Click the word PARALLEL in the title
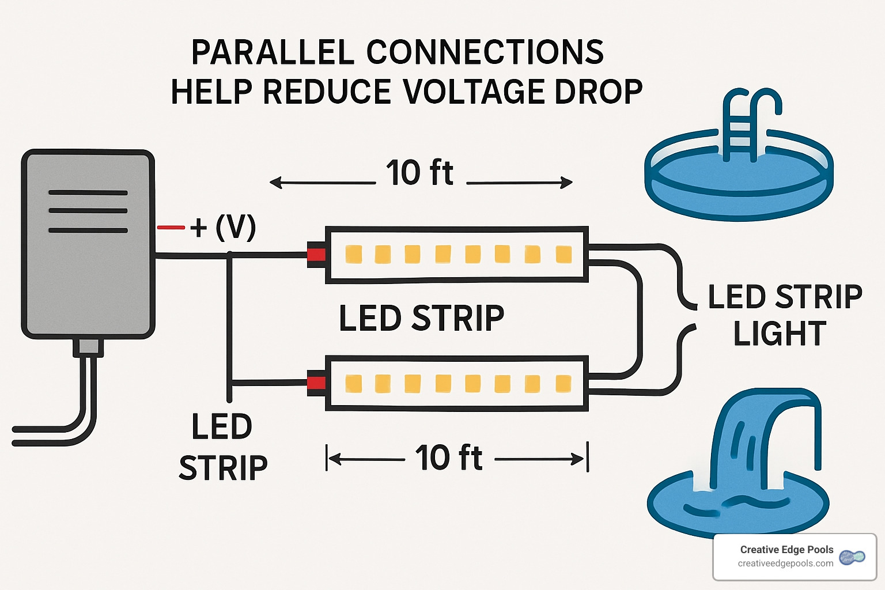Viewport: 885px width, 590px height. point(272,52)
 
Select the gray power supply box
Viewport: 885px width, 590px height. point(88,244)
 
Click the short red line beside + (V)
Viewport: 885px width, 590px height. point(171,228)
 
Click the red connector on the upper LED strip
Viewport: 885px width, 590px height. point(316,255)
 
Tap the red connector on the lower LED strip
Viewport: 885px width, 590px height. point(316,384)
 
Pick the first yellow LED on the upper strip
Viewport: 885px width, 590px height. point(354,254)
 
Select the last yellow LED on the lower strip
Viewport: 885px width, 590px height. point(563,384)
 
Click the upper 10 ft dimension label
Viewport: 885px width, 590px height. point(420,173)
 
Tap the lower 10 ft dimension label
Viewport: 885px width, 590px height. point(449,458)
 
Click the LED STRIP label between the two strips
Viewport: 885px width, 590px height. point(421,318)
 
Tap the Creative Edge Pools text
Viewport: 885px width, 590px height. point(786,550)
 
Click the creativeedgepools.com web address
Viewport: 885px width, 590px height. point(785,563)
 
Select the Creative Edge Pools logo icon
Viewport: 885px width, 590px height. point(852,557)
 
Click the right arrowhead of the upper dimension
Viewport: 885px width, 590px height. point(567,183)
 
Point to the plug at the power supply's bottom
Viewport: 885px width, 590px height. point(88,348)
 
